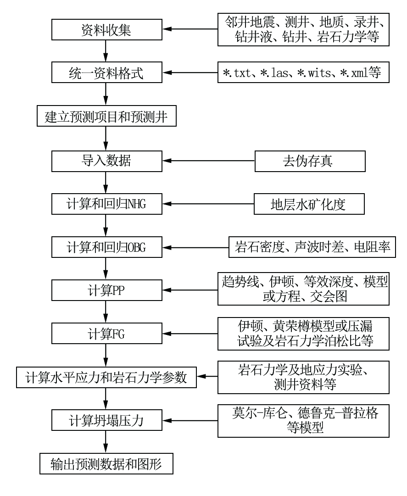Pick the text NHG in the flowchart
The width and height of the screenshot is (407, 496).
pyautogui.click(x=136, y=204)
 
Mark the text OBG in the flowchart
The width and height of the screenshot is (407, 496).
pyautogui.click(x=136, y=247)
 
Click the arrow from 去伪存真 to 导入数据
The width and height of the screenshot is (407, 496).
pyautogui.click(x=209, y=161)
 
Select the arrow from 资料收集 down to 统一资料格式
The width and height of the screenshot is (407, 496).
pyautogui.click(x=106, y=51)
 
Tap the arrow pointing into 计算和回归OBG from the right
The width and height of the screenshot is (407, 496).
pyautogui.click(x=196, y=247)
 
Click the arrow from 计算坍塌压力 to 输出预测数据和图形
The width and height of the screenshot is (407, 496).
pyautogui.click(x=106, y=442)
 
